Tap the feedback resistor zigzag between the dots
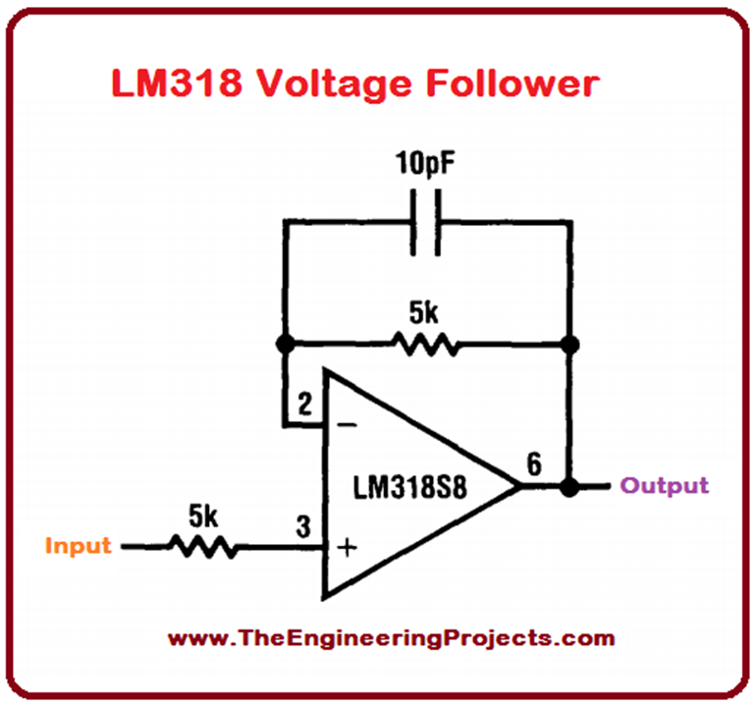point(424,345)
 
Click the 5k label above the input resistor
point(203,514)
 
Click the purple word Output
point(666,485)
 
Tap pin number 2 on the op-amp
point(304,404)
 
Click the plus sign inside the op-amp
point(346,546)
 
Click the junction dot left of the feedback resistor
point(286,345)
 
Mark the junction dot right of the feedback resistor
point(568,345)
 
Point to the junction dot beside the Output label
point(568,485)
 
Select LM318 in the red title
point(176,83)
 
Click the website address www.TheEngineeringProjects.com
point(391,638)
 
